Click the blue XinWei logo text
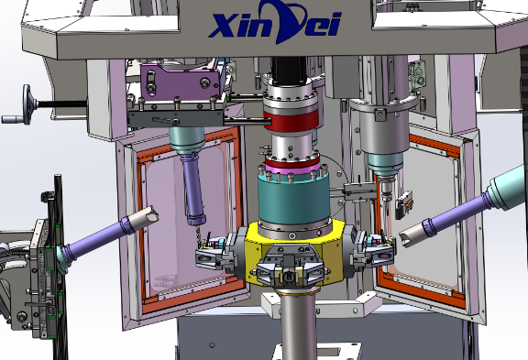(x=274, y=22)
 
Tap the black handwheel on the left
(x=27, y=104)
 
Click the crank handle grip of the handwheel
(x=12, y=119)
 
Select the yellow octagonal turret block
(x=294, y=253)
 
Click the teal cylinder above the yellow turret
(x=293, y=199)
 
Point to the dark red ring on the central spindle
(x=291, y=120)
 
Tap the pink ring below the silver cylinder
(x=292, y=167)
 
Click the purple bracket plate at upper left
(x=181, y=81)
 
